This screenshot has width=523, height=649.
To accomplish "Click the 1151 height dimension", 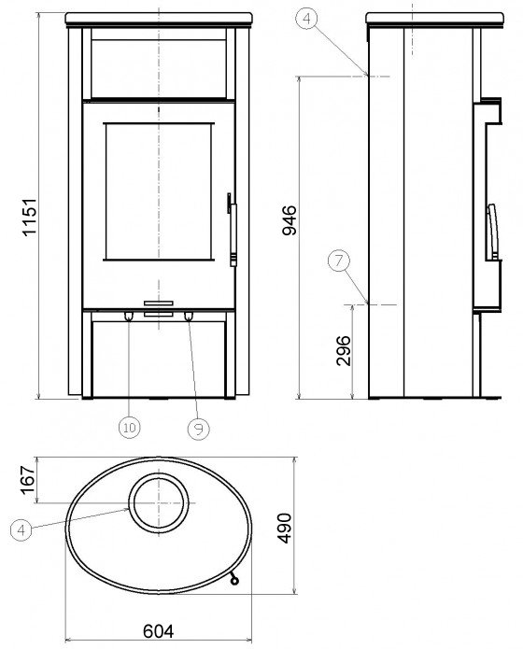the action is [x=29, y=218].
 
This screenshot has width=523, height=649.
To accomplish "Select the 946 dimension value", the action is [x=289, y=219].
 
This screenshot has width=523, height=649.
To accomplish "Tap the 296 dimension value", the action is [x=344, y=350].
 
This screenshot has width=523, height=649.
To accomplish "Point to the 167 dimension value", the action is [x=28, y=480].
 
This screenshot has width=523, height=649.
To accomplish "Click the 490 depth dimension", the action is [x=285, y=528].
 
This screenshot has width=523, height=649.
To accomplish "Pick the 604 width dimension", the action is [x=158, y=631].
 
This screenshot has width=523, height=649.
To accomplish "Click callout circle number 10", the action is [x=130, y=427].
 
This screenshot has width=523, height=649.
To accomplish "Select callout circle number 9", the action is [x=198, y=429].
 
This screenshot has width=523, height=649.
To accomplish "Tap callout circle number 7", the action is [x=339, y=261].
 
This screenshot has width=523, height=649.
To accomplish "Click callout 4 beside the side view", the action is [x=307, y=19].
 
